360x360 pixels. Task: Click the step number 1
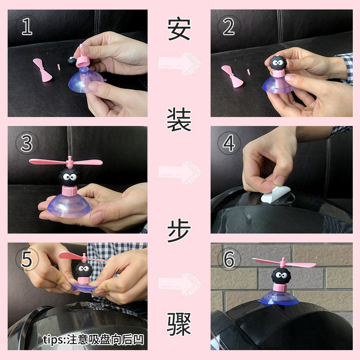tap(27, 27)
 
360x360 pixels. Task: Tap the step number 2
tap(229, 27)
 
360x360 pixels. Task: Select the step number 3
tap(27, 143)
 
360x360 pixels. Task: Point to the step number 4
tap(229, 143)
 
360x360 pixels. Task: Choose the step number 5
tap(27, 260)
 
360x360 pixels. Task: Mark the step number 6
tap(229, 260)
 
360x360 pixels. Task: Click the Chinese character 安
tap(179, 29)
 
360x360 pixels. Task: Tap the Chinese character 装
tap(179, 120)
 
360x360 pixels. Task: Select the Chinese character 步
tap(179, 230)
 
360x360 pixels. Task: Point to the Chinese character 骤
tap(179, 324)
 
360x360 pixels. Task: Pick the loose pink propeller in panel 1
tap(43, 70)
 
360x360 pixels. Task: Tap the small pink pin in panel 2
tap(249, 72)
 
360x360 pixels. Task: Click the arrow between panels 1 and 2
tap(180, 63)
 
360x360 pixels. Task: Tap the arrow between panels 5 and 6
tap(180, 284)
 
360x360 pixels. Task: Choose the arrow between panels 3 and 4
tap(180, 172)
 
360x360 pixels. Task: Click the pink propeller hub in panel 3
tap(70, 162)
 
